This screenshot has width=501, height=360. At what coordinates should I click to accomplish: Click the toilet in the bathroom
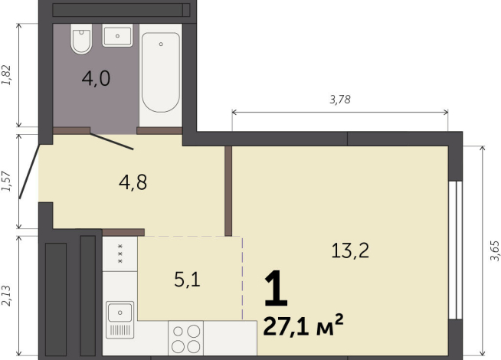(81, 38)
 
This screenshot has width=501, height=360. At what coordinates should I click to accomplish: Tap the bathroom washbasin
(117, 35)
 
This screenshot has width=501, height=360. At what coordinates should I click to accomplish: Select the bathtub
(160, 72)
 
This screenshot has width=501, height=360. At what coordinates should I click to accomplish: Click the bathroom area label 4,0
(97, 79)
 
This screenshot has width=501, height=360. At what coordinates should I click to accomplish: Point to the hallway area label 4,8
(133, 183)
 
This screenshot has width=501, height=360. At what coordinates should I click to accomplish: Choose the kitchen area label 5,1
(187, 280)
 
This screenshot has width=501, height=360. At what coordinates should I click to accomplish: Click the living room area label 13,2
(350, 250)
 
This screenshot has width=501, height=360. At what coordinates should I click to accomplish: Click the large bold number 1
(276, 288)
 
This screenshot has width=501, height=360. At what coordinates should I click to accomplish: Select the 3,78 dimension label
(340, 100)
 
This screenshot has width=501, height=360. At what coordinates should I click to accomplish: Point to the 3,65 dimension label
(494, 250)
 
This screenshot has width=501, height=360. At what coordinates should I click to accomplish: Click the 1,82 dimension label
(7, 75)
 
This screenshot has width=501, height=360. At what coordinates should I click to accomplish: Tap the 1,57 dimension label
(7, 182)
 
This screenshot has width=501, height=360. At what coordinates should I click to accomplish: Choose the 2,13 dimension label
(7, 296)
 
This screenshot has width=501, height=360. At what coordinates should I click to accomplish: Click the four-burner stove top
(185, 339)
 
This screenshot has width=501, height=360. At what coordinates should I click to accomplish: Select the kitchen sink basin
(120, 313)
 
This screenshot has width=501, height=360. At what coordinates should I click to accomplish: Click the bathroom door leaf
(112, 142)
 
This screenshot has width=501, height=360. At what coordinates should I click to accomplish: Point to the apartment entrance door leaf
(29, 172)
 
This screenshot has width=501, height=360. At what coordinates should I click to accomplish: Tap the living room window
(455, 250)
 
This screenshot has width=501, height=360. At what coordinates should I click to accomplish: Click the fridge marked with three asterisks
(120, 254)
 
